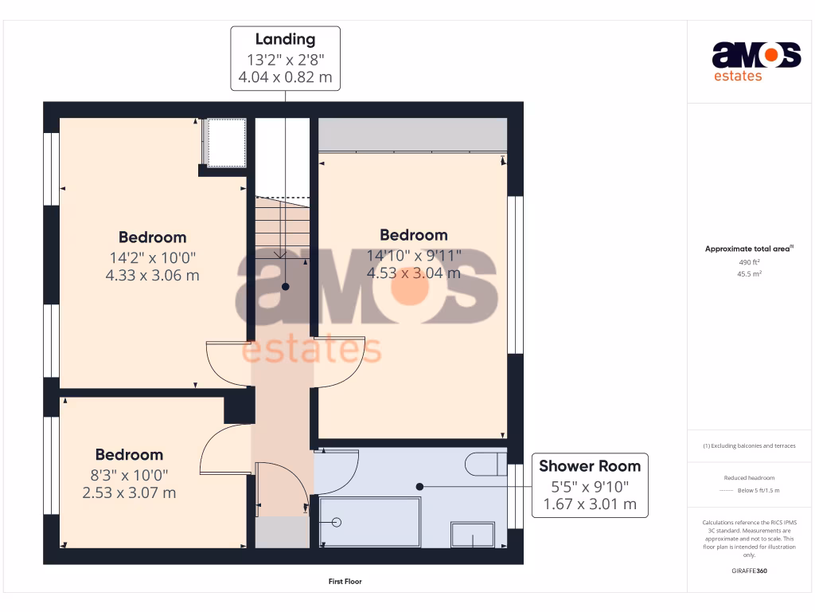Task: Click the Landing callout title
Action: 285,39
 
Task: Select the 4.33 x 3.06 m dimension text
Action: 152,276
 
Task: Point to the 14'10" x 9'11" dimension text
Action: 414,255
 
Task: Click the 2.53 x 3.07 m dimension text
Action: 129,493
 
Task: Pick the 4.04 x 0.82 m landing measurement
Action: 285,78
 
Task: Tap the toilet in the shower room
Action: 485,464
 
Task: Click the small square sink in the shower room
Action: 473,535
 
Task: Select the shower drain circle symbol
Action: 337,523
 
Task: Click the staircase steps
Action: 283,227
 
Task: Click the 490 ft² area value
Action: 749,261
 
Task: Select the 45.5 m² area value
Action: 749,274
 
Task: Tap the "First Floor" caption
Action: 345,582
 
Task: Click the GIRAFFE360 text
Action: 749,571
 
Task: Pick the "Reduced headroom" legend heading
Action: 749,478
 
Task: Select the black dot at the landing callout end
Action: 285,287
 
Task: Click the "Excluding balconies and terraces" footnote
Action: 749,445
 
